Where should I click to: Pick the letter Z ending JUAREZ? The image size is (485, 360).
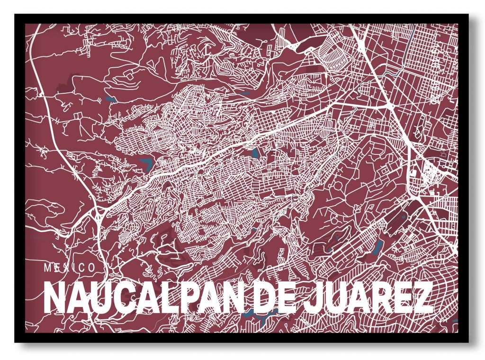[424, 297]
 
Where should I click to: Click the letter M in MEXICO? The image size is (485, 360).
[48, 268]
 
